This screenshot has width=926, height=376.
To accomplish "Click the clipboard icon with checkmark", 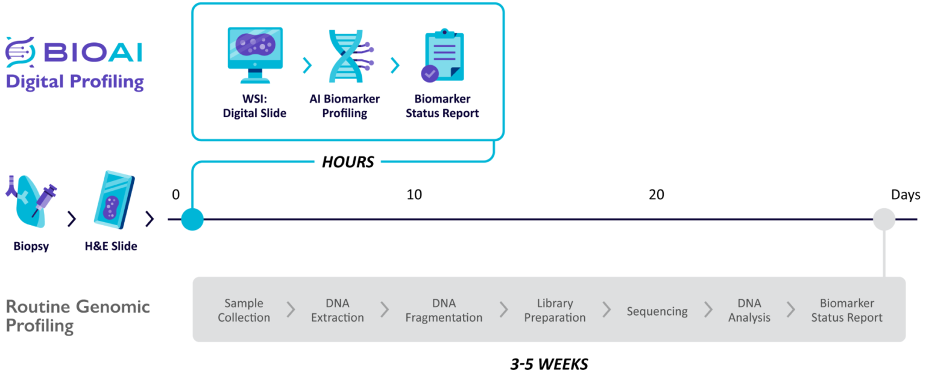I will pyautogui.click(x=442, y=56).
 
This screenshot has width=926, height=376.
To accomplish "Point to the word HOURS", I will pyautogui.click(x=348, y=162).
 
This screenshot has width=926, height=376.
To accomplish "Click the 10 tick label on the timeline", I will pyautogui.click(x=414, y=195).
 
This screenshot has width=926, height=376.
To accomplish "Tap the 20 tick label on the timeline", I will pyautogui.click(x=656, y=195).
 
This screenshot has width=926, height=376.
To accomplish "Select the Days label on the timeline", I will pyautogui.click(x=906, y=195).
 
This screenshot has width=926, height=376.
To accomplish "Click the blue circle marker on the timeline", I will pyautogui.click(x=192, y=219).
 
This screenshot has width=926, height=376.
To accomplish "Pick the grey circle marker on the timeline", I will pyautogui.click(x=884, y=219).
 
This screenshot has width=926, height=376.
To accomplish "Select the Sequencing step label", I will pyautogui.click(x=657, y=311).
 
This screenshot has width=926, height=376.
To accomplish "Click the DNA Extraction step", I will pyautogui.click(x=338, y=310).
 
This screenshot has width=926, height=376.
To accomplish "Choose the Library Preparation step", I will pyautogui.click(x=555, y=310).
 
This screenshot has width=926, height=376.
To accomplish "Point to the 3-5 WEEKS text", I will pyautogui.click(x=549, y=364).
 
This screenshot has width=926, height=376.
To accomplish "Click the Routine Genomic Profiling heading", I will pyautogui.click(x=77, y=316).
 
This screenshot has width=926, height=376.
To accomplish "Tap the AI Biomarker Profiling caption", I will pyautogui.click(x=345, y=106).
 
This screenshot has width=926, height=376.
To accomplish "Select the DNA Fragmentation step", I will pyautogui.click(x=444, y=310).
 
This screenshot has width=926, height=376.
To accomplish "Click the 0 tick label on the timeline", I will pyautogui.click(x=175, y=195).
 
